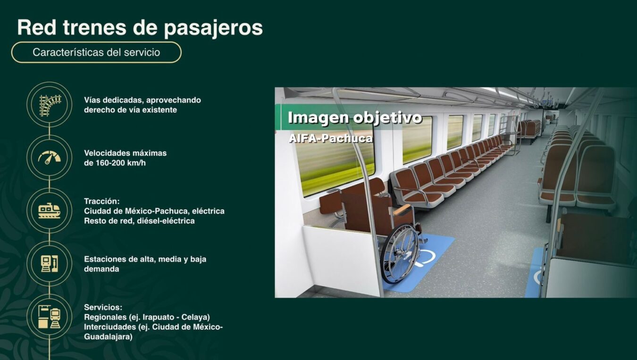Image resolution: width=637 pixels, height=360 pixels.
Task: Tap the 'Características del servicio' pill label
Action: coord(96,52)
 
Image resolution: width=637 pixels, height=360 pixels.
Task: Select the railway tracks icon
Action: coord(50,105)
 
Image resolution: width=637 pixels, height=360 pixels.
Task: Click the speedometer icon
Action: coord(50,158)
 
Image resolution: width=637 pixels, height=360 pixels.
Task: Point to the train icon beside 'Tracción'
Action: coord(50,210)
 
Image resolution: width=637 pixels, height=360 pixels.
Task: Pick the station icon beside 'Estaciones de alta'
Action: coord(50,263)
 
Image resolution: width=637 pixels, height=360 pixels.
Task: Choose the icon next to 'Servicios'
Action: coord(50,317)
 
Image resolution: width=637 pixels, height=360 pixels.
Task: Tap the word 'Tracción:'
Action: coord(101,201)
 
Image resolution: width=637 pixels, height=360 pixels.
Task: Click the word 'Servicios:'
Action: coord(103,307)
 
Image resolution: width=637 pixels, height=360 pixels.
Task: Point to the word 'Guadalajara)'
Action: coord(108,337)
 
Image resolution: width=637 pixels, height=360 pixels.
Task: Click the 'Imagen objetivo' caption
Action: coord(354,117)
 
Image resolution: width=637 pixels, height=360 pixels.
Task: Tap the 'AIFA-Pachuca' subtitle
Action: coord(330,138)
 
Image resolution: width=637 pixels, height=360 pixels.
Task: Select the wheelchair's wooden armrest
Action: coord(402,209)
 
